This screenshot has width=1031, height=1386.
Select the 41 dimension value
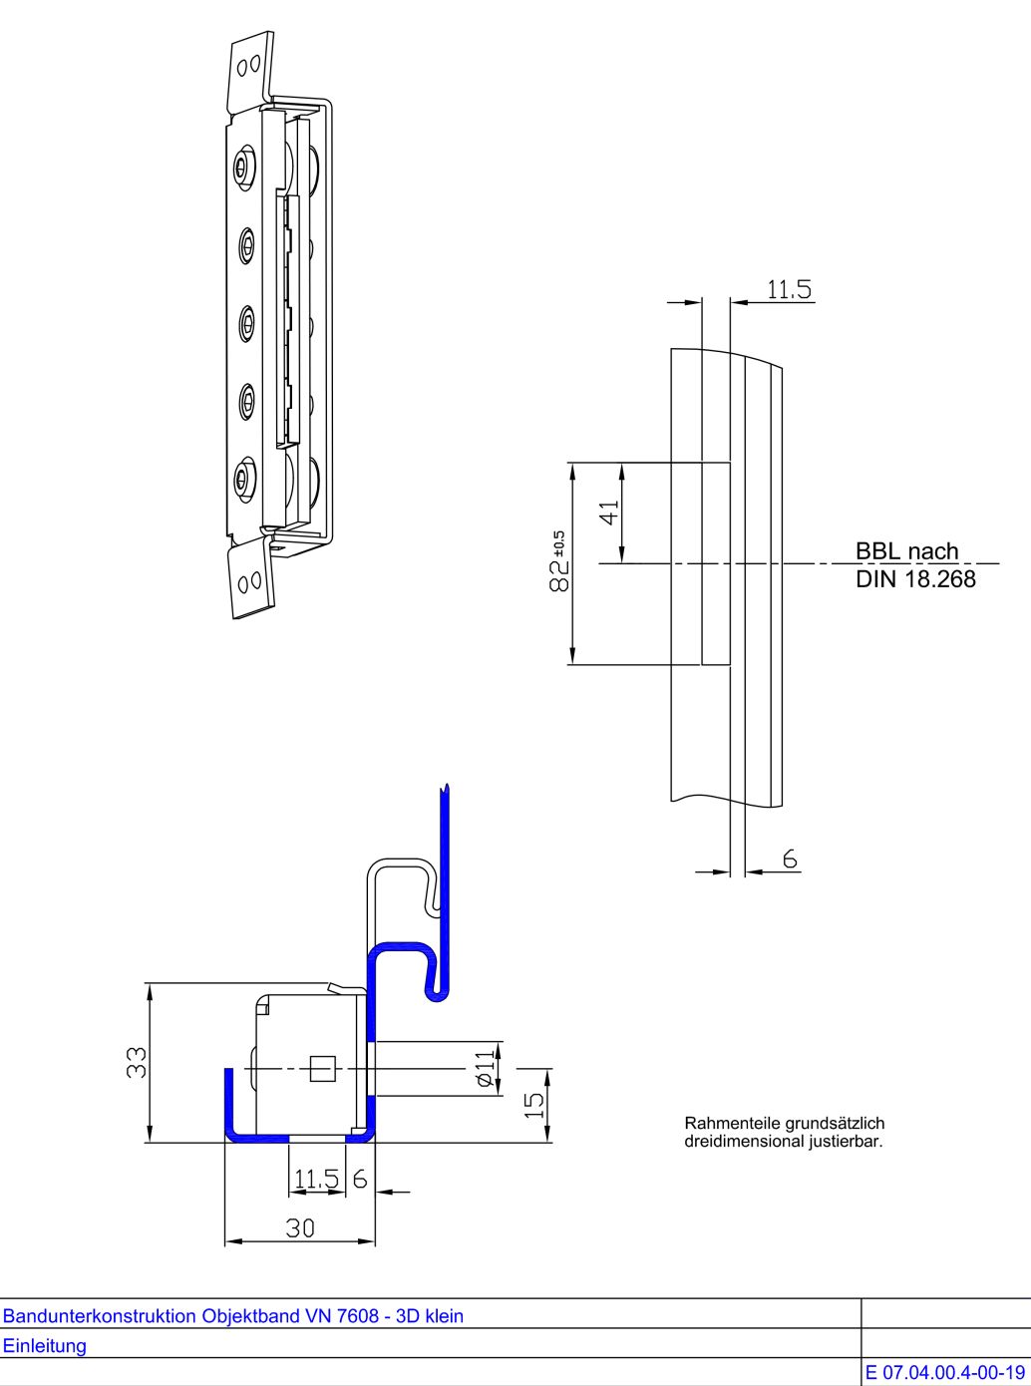click(609, 511)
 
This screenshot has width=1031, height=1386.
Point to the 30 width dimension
click(300, 1228)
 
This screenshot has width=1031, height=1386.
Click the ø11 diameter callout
click(485, 1068)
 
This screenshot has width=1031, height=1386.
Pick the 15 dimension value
click(535, 1104)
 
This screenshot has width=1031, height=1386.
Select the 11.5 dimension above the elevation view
click(789, 290)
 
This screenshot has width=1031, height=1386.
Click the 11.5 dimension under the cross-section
click(316, 1180)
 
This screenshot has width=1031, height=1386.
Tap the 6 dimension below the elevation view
click(790, 860)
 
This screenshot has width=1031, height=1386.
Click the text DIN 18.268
click(914, 579)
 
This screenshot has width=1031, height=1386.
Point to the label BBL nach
click(906, 551)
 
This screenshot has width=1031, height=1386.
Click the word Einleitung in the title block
click(45, 1345)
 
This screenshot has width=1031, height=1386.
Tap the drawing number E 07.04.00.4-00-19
click(945, 1373)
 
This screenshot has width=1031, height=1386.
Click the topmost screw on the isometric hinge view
click(243, 167)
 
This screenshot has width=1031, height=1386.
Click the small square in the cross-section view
click(320, 1069)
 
